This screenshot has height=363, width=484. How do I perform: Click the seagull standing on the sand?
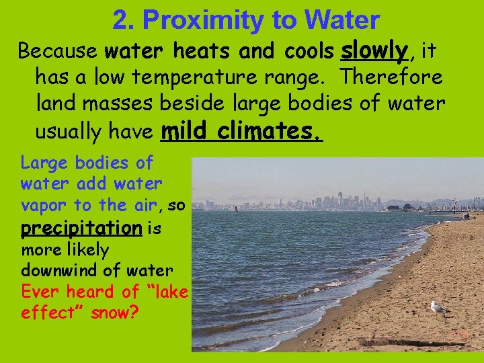coord(438,307)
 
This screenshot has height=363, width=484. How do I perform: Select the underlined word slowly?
coord(375,50)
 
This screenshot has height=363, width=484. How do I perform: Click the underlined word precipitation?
coord(81,228)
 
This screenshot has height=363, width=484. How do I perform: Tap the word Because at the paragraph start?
coord(58,51)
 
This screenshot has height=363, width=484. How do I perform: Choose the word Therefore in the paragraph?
coord(392,77)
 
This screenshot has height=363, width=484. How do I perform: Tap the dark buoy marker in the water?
coord(236,208)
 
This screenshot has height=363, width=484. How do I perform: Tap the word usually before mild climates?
coord(75,132)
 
